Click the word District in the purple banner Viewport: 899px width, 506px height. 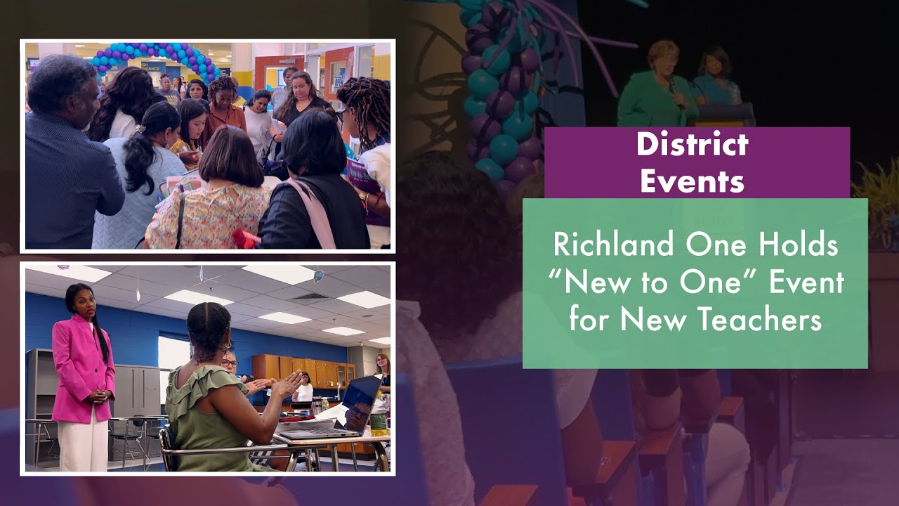click(x=693, y=145)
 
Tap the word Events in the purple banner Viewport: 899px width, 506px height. click(x=693, y=181)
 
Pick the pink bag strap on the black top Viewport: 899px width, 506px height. click(x=316, y=211)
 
